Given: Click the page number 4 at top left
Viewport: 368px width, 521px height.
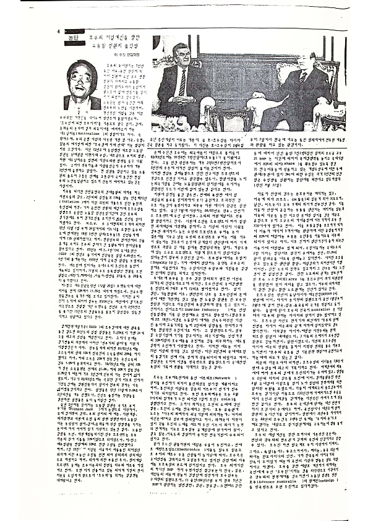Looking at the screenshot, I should click(x=58, y=32).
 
